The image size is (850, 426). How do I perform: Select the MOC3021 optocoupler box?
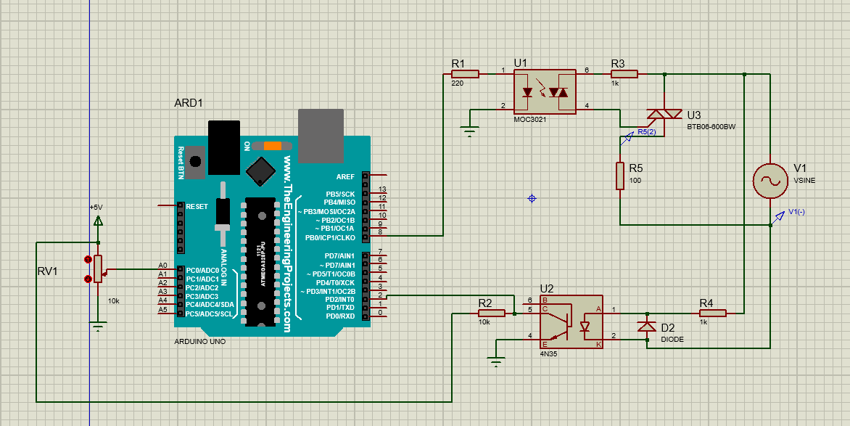(x=544, y=91)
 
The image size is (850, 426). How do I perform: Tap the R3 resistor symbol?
(x=624, y=73)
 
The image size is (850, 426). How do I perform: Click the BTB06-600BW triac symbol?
(x=664, y=113)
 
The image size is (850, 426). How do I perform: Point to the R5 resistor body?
(x=620, y=176)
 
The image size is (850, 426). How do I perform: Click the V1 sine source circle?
(x=769, y=181)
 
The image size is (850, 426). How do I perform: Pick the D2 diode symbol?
(x=646, y=326)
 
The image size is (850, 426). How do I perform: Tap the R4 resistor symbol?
(x=713, y=313)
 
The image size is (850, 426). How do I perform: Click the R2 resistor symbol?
(x=491, y=313)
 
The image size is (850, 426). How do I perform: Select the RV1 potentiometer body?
(x=99, y=269)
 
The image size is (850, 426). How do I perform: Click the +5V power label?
(x=96, y=207)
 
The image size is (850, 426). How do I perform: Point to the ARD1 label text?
(x=188, y=103)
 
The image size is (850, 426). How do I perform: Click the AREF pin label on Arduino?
(x=345, y=176)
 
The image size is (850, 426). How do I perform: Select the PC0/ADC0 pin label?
(x=202, y=270)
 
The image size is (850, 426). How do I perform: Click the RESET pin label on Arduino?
(x=197, y=206)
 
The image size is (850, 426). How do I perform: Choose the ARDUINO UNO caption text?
(x=200, y=340)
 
